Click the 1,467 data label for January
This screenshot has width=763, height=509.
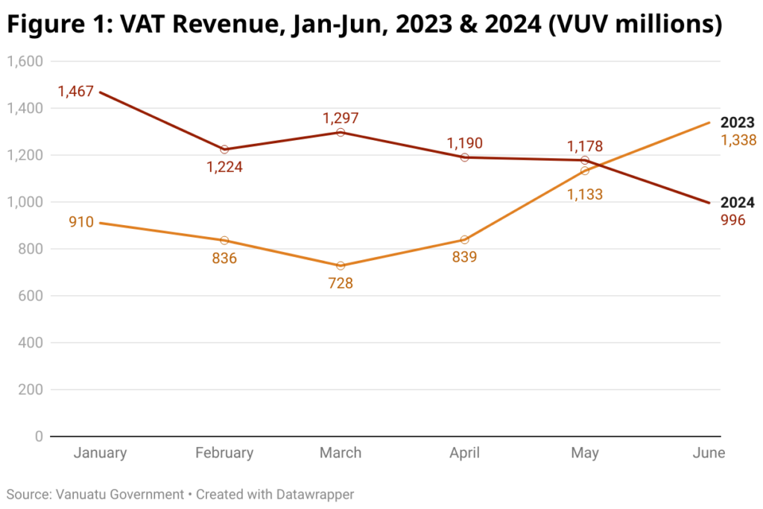point(75,92)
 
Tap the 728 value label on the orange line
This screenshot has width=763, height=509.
point(341,283)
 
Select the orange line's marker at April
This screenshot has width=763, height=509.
point(464,240)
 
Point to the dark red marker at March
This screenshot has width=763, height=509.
point(341,132)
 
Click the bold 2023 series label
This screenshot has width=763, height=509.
point(738,123)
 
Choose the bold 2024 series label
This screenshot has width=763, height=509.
point(738,203)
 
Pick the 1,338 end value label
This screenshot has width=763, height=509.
point(738,140)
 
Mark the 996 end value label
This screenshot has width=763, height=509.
point(733,220)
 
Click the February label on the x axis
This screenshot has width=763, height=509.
point(224,453)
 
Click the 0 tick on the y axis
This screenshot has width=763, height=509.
point(39,437)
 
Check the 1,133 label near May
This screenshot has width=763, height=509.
point(584,195)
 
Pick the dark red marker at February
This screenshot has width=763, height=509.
point(224,150)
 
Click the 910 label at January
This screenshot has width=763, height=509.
point(81,222)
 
